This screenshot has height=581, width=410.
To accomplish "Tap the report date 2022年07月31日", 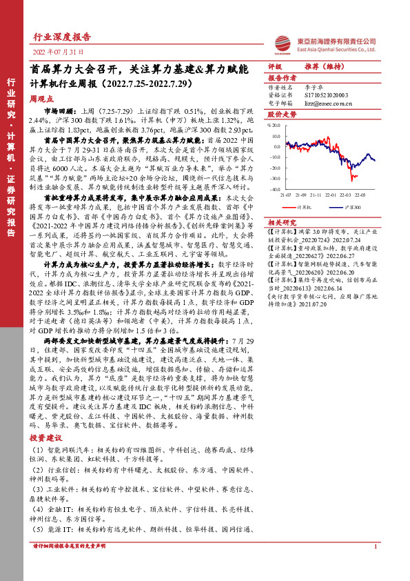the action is (x=59, y=52).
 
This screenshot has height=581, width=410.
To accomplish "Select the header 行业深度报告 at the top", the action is (x=62, y=37).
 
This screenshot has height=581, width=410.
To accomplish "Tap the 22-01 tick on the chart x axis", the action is (x=334, y=195).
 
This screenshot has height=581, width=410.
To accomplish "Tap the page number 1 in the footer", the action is (x=373, y=566).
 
